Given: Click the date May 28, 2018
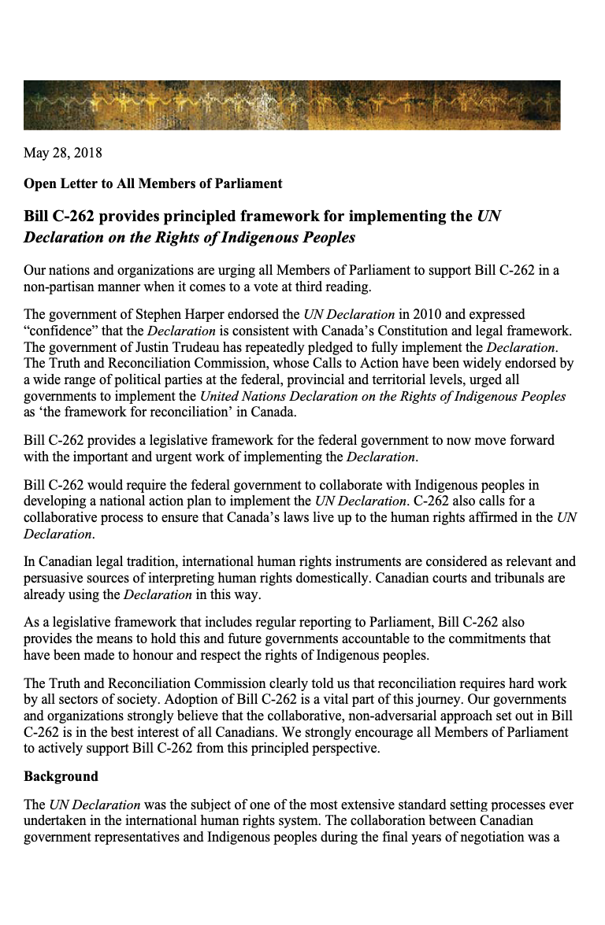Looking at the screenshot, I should [62, 153].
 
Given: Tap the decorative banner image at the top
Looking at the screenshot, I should [291, 105].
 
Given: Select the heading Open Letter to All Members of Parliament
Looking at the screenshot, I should [152, 183].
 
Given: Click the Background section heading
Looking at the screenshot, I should [61, 776].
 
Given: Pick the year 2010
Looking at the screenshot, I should [425, 315].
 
